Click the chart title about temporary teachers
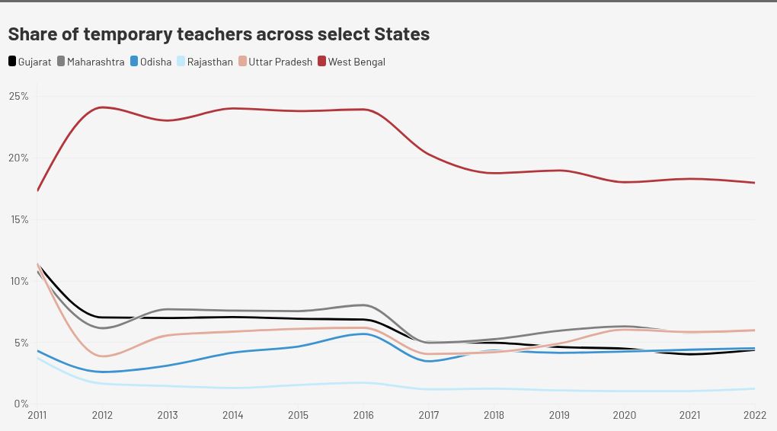219,34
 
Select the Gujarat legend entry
30,62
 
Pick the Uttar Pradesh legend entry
275,62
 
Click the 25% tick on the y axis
19,97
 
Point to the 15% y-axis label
19,219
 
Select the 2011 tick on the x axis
37,416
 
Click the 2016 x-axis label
363,416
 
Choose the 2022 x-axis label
754,416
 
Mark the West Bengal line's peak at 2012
102,107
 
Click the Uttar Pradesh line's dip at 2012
103,356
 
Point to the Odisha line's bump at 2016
364,334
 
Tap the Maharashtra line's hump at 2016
363,305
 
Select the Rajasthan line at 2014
233,388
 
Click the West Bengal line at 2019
560,171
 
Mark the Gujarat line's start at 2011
37,265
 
